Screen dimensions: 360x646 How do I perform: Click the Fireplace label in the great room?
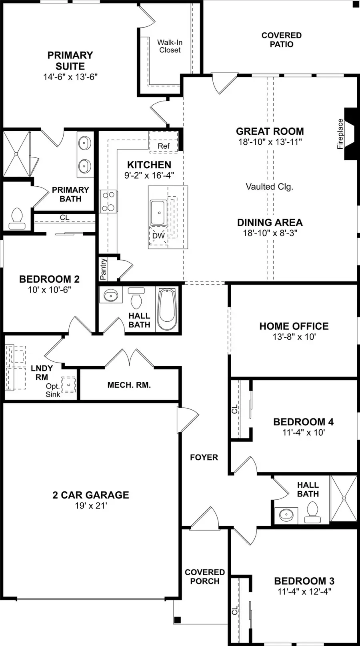tap(340, 134)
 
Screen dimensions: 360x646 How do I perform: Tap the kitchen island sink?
tap(158, 212)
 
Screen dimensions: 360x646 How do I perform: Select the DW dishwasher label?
tap(158, 235)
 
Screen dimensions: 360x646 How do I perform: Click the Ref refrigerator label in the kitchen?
tap(164, 146)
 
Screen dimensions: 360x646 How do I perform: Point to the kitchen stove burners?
tap(108, 201)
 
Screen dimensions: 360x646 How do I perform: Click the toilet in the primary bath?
tap(17, 219)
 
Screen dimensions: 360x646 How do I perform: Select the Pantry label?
tap(103, 269)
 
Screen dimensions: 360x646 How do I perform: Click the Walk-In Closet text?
tap(170, 46)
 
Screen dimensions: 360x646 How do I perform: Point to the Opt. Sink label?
tap(53, 390)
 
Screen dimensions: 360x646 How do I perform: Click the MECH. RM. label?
tap(129, 385)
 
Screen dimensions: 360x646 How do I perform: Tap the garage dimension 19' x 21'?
tap(91, 506)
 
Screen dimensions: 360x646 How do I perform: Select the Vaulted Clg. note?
tap(270, 187)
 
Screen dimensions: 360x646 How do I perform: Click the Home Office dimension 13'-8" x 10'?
tap(294, 337)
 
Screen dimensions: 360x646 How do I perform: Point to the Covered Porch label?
tap(205, 576)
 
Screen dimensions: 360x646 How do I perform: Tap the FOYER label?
tap(204, 457)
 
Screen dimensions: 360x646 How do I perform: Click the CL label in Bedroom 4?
tap(235, 409)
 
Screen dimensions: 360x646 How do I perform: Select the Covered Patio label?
tap(282, 40)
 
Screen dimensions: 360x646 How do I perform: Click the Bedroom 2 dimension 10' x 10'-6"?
tap(49, 289)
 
